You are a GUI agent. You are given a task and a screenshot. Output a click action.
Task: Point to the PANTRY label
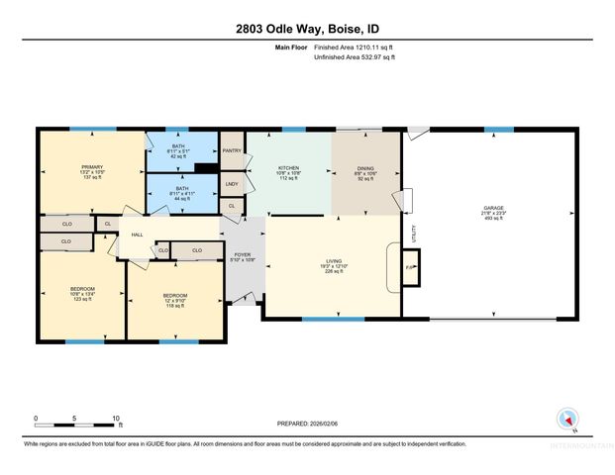(x=232, y=150)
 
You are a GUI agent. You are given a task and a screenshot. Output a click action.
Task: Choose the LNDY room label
(x=232, y=184)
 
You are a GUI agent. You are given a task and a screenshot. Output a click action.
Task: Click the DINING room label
(x=365, y=169)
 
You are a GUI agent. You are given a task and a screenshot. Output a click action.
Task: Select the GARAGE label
(x=493, y=208)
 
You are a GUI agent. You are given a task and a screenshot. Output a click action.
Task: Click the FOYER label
(x=243, y=255)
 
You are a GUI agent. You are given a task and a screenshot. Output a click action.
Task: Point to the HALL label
(x=139, y=235)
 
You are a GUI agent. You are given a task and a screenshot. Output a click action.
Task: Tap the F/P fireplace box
(x=409, y=266)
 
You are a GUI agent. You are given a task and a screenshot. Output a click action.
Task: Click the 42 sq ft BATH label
(x=180, y=151)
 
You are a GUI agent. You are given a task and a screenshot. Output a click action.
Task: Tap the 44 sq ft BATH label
(x=180, y=192)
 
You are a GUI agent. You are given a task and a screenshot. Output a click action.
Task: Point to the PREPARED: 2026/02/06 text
(x=307, y=424)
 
